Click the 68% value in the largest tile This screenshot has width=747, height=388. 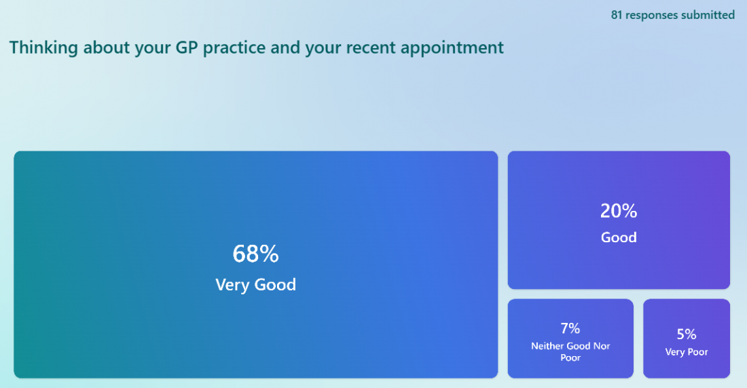coord(255,253)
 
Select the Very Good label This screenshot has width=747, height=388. coord(255,285)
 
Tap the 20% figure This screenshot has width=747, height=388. coord(619,211)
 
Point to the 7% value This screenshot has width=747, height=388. coord(570,328)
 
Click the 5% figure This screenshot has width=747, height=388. coord(687,334)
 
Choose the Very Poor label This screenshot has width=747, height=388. coord(687,352)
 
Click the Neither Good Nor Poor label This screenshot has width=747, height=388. coord(570,352)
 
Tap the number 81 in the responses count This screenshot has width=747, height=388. coord(617,15)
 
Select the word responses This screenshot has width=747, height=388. coord(651,16)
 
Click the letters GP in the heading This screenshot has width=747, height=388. coord(187,47)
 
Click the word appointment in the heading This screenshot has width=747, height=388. coord(452,49)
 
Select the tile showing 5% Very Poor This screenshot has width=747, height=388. coord(687,338)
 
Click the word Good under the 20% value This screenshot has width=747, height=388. coord(619,237)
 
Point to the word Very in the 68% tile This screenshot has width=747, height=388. coord(232,285)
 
